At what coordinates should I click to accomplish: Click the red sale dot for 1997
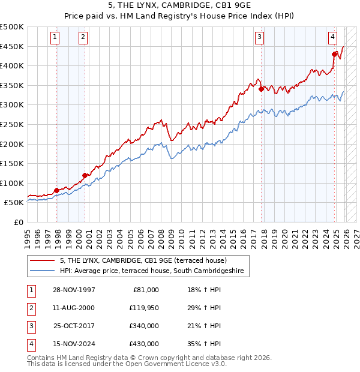point(56,191)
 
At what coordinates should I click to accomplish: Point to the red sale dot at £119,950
point(85,175)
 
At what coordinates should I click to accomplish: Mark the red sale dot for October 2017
point(262,89)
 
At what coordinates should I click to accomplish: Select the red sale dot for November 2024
point(335,54)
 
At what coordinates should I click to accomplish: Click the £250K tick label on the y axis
point(13,124)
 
